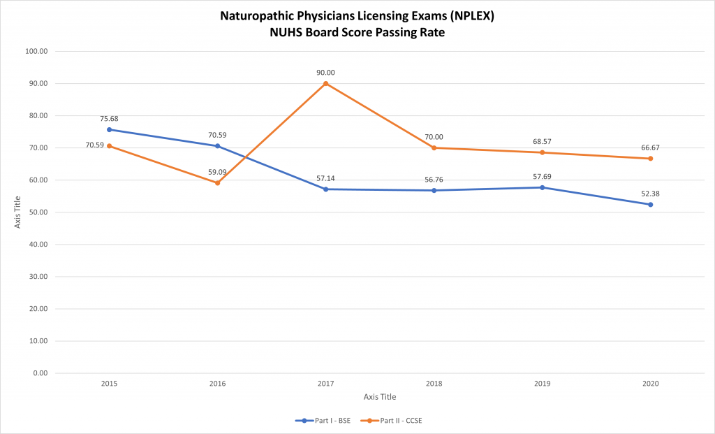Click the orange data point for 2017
point(325,84)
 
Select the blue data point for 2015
point(109,129)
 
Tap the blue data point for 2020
point(650,205)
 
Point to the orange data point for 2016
point(217,183)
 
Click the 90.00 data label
point(325,73)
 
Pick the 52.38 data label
point(650,194)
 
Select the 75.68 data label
point(109,119)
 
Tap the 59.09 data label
point(217,172)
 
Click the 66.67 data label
point(650,147)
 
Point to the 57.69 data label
point(542,176)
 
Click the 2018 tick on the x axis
point(434,384)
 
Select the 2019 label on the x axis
point(542,384)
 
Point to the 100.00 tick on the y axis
point(36,52)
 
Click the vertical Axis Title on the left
point(19,212)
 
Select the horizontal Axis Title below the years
point(380,397)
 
